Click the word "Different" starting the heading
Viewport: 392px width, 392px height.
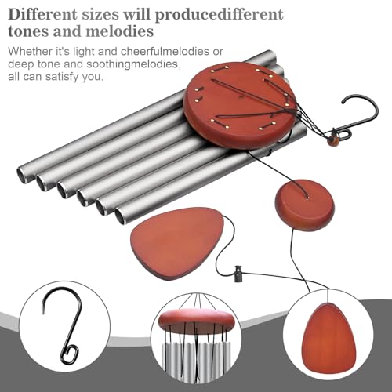pos(43,14)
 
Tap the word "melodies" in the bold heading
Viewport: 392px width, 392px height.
pos(120,31)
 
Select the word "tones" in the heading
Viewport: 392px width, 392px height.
pos(28,31)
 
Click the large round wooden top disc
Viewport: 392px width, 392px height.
pos(240,105)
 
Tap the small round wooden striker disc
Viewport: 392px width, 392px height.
pos(305,205)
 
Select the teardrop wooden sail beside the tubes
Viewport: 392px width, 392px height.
pos(177,243)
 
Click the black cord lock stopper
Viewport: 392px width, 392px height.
pos(238,274)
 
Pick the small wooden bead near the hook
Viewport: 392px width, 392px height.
pos(332,141)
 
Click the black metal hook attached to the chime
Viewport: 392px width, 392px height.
pos(355,115)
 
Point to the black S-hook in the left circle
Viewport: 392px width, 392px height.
pos(62,325)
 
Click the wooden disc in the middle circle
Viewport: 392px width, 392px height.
pos(196,321)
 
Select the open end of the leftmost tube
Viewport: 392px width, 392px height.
pos(22,175)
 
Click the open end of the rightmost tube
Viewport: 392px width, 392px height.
pos(121,216)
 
